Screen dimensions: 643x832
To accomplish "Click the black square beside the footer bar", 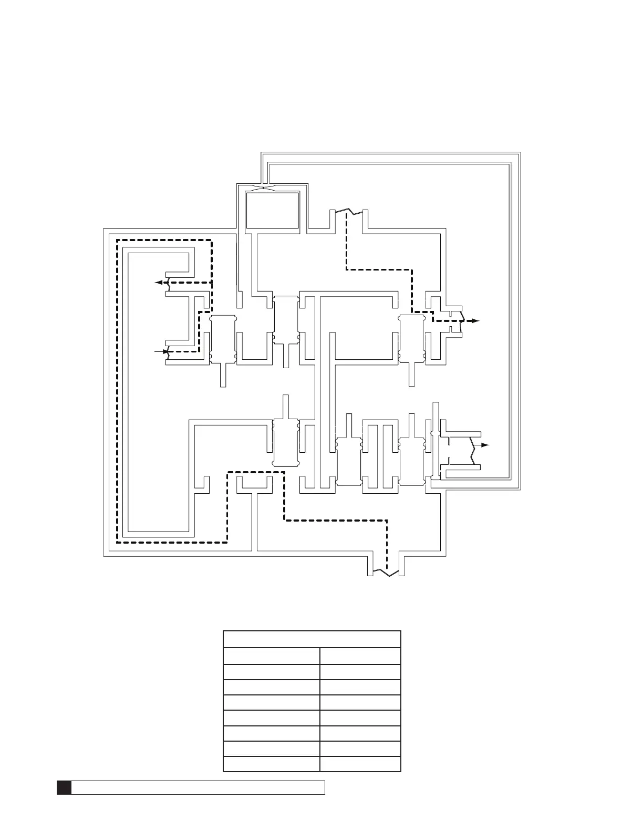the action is coord(64,787).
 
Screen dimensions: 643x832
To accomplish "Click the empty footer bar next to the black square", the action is coord(198,787).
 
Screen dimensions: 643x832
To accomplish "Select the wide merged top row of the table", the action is coord(312,639).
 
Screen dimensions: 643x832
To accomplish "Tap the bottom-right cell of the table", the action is coord(360,763).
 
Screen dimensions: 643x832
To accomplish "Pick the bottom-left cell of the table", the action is coord(271,763).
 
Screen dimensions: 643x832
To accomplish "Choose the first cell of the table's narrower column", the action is coord(360,656).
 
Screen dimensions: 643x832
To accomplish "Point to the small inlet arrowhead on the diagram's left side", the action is coord(165,350).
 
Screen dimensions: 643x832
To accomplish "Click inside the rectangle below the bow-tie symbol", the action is coord(272,210).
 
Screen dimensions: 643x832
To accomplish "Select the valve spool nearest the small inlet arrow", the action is coord(223,339).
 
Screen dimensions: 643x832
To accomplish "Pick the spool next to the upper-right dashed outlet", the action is coord(411,339).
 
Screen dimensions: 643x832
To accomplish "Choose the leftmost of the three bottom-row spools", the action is coord(286,443).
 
